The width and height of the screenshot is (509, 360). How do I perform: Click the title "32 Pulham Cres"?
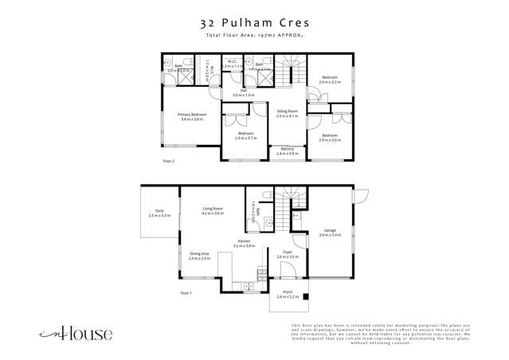pos(254,25)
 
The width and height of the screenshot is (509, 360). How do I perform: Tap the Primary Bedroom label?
pos(192,116)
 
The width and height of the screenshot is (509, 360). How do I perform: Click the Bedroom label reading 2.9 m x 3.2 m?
pos(329,80)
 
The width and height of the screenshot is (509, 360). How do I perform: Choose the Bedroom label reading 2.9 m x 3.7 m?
pos(245,135)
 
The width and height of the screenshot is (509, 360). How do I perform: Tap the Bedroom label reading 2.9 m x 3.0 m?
pos(330,137)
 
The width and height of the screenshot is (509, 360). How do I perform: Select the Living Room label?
pos(212,211)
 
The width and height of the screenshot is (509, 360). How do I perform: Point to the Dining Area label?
pos(199,256)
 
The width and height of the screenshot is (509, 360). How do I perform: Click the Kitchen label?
pos(244,243)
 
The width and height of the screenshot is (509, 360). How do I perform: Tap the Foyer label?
pos(287,255)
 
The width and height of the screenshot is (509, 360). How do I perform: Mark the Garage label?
pos(330,233)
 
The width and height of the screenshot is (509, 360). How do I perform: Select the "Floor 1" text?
pos(186,293)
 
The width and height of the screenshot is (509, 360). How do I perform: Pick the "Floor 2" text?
pos(168,161)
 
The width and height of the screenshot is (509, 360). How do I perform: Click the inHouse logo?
pos(76,334)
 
